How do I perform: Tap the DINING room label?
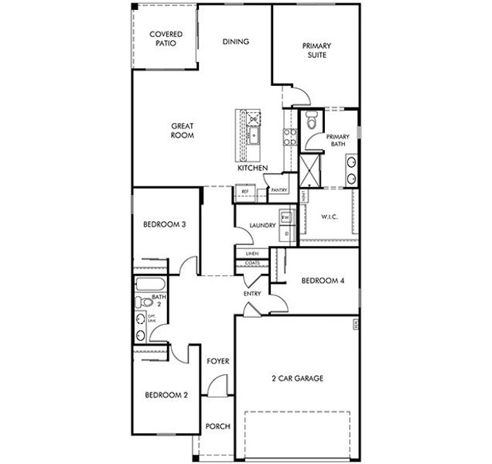(x=235, y=42)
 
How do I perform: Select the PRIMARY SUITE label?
(x=316, y=50)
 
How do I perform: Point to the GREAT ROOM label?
(x=183, y=131)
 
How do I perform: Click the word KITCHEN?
(x=252, y=168)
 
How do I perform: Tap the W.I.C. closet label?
(x=330, y=217)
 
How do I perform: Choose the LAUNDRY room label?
(x=263, y=225)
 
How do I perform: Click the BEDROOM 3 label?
(x=163, y=225)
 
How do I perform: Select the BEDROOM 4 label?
(x=323, y=280)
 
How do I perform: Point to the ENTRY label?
(x=252, y=294)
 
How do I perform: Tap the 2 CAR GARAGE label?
(x=297, y=378)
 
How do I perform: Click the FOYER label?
(x=217, y=361)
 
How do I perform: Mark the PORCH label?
(x=217, y=426)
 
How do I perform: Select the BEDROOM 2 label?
(x=166, y=394)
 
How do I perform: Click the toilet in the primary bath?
(x=311, y=121)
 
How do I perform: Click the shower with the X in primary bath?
(x=309, y=170)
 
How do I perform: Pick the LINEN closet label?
(x=252, y=254)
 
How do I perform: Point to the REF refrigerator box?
(x=244, y=190)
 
